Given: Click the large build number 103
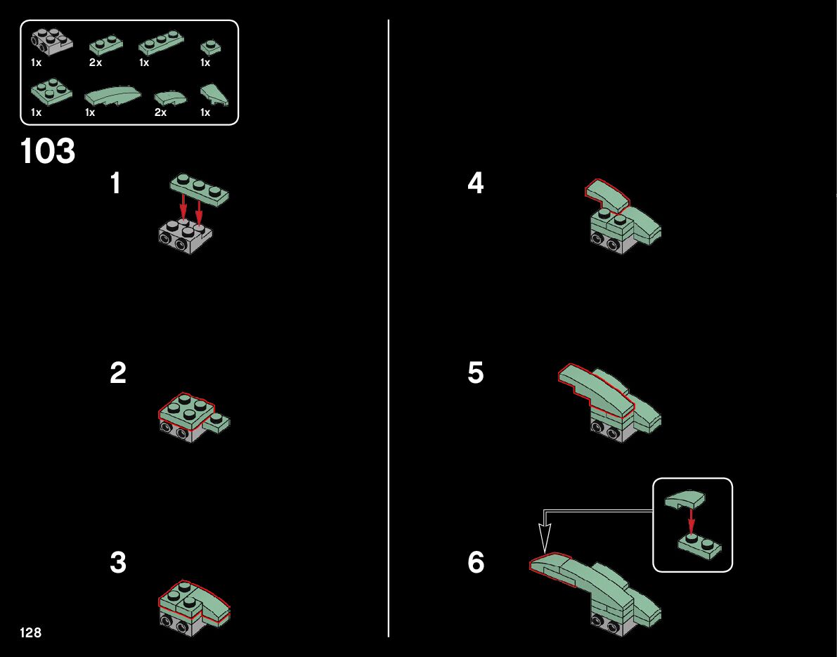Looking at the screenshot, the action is tap(48, 151).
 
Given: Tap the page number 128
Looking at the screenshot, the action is tap(30, 632).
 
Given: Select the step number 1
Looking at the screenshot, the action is tap(115, 183).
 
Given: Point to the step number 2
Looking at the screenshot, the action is tap(118, 372).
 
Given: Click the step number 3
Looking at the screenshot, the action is tap(118, 563).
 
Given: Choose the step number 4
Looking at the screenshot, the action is tap(476, 183).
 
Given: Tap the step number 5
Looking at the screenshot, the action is tap(476, 372).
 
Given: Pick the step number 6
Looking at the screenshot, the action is tap(476, 563).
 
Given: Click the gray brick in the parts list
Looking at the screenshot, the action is tap(51, 42).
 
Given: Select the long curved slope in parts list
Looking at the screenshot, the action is tap(112, 96).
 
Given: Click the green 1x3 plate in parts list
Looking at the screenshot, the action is tap(162, 45).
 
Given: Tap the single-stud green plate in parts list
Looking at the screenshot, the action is tap(211, 48).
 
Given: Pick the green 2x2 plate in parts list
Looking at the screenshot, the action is tap(51, 91).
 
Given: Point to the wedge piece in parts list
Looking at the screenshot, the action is tap(214, 94).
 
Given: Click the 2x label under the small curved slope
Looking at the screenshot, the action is tap(160, 112).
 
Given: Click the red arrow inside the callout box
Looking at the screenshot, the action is tap(692, 521).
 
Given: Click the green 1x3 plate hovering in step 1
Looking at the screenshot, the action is tap(199, 190).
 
